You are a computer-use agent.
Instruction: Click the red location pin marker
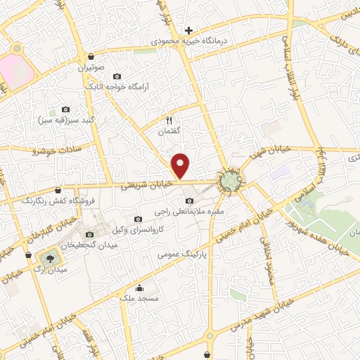181,166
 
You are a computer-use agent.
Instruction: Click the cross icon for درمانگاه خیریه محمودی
188,30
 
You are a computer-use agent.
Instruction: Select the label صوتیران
91,69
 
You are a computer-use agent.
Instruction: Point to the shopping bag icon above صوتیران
91,57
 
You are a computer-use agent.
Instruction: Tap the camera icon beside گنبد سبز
65,109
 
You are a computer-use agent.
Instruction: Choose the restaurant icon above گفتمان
168,120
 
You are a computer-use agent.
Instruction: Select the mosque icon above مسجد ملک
139,288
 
